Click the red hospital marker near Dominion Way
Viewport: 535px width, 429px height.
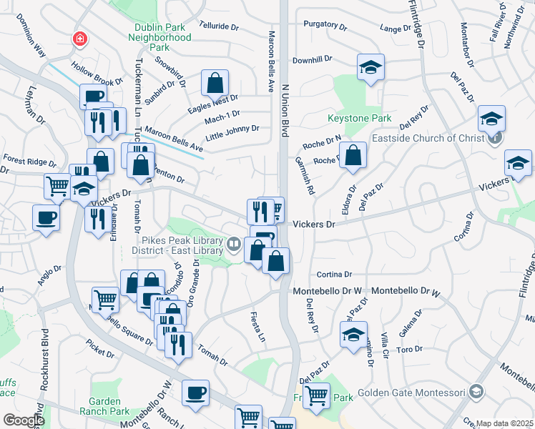[79, 39]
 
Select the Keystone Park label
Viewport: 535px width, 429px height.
[349, 118]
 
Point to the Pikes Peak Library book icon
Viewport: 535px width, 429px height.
[233, 245]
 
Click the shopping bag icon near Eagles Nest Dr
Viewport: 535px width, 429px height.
[215, 84]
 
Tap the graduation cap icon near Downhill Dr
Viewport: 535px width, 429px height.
[370, 68]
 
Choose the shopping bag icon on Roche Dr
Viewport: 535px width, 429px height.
[353, 156]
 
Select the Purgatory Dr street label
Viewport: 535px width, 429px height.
[325, 24]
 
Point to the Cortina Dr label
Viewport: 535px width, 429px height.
[335, 274]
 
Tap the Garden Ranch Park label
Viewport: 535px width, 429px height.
[110, 406]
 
